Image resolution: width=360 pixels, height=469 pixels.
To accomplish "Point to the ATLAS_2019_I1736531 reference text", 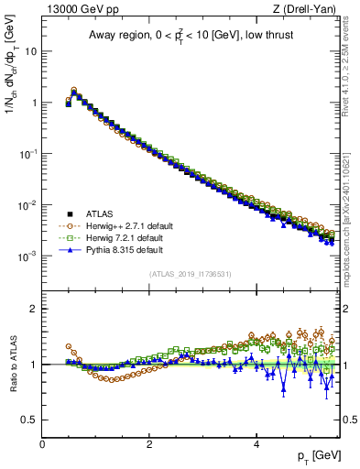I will point(189,274).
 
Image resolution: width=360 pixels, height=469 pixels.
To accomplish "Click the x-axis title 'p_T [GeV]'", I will point(312,455).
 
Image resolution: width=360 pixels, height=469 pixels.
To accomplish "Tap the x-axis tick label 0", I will point(42,444).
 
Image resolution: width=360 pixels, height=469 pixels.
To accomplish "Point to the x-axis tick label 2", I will point(149,444).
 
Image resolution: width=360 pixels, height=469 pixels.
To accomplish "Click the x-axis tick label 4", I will point(256,444).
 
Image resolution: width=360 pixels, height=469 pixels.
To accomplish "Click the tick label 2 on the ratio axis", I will point(33,309).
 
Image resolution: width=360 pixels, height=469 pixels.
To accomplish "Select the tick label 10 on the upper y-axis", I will point(30,51).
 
